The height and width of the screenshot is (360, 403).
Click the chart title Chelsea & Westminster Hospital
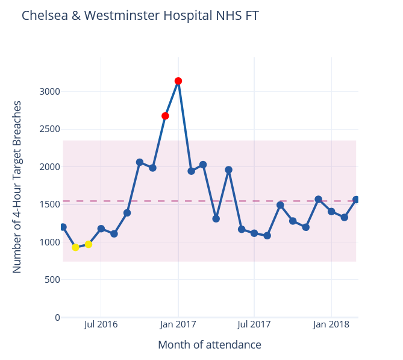pyautogui.click(x=140, y=16)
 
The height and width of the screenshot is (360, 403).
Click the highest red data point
pyautogui.click(x=178, y=81)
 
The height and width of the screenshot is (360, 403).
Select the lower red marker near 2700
pyautogui.click(x=165, y=116)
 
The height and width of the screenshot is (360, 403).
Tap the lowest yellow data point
pyautogui.click(x=75, y=247)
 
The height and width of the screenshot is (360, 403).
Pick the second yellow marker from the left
pyautogui.click(x=89, y=244)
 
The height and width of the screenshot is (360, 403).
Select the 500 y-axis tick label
pyautogui.click(x=52, y=280)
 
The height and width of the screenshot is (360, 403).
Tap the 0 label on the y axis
pyautogui.click(x=57, y=317)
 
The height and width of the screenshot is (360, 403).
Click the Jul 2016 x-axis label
pyautogui.click(x=101, y=324)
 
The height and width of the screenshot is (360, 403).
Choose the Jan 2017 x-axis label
pyautogui.click(x=178, y=324)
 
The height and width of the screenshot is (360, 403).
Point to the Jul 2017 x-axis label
pyautogui.click(x=254, y=324)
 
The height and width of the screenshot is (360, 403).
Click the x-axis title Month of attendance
pyautogui.click(x=209, y=345)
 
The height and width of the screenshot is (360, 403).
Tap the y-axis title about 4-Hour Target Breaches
pyautogui.click(x=17, y=187)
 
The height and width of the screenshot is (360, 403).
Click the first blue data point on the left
pyautogui.click(x=63, y=227)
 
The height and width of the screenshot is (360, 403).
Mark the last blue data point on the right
pyautogui.click(x=356, y=200)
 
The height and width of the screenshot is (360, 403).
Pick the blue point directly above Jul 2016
pyautogui.click(x=101, y=229)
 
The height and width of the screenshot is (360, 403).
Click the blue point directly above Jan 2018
pyautogui.click(x=331, y=212)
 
